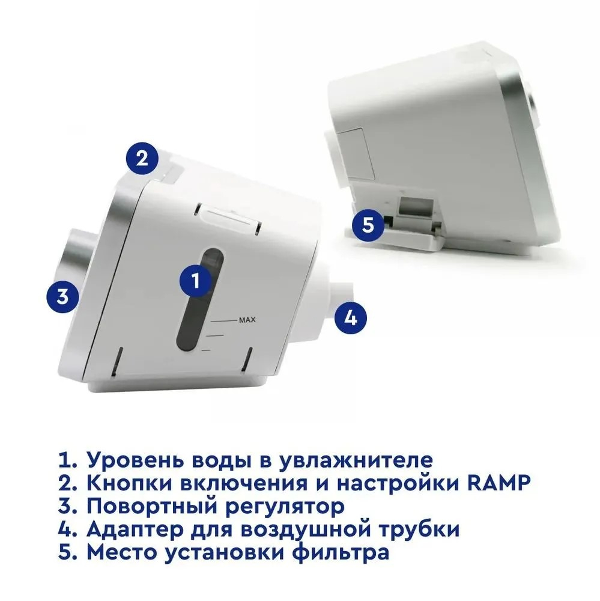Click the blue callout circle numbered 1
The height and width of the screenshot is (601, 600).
click(196, 281)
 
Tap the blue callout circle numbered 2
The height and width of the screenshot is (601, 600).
click(142, 158)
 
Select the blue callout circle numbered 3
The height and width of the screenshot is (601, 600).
click(63, 296)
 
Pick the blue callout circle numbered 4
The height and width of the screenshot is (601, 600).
click(351, 317)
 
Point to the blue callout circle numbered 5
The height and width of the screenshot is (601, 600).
click(368, 225)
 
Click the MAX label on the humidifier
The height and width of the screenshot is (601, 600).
click(247, 320)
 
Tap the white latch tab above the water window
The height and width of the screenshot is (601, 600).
click(228, 216)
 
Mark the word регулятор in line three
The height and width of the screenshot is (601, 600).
click(284, 507)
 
